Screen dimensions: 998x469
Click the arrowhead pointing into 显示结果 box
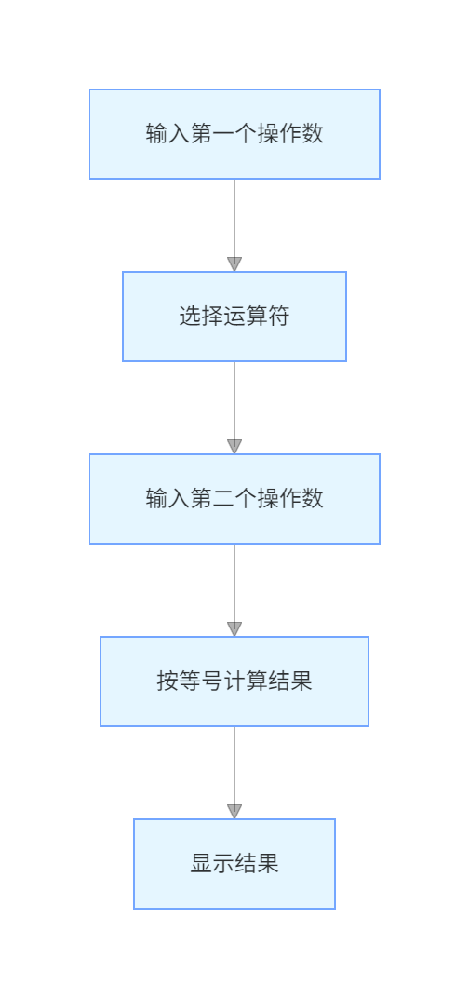click(x=234, y=812)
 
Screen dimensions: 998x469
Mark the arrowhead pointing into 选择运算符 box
click(x=234, y=264)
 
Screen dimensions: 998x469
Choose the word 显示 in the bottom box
click(x=212, y=864)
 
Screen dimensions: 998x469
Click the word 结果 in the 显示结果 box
click(x=257, y=864)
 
